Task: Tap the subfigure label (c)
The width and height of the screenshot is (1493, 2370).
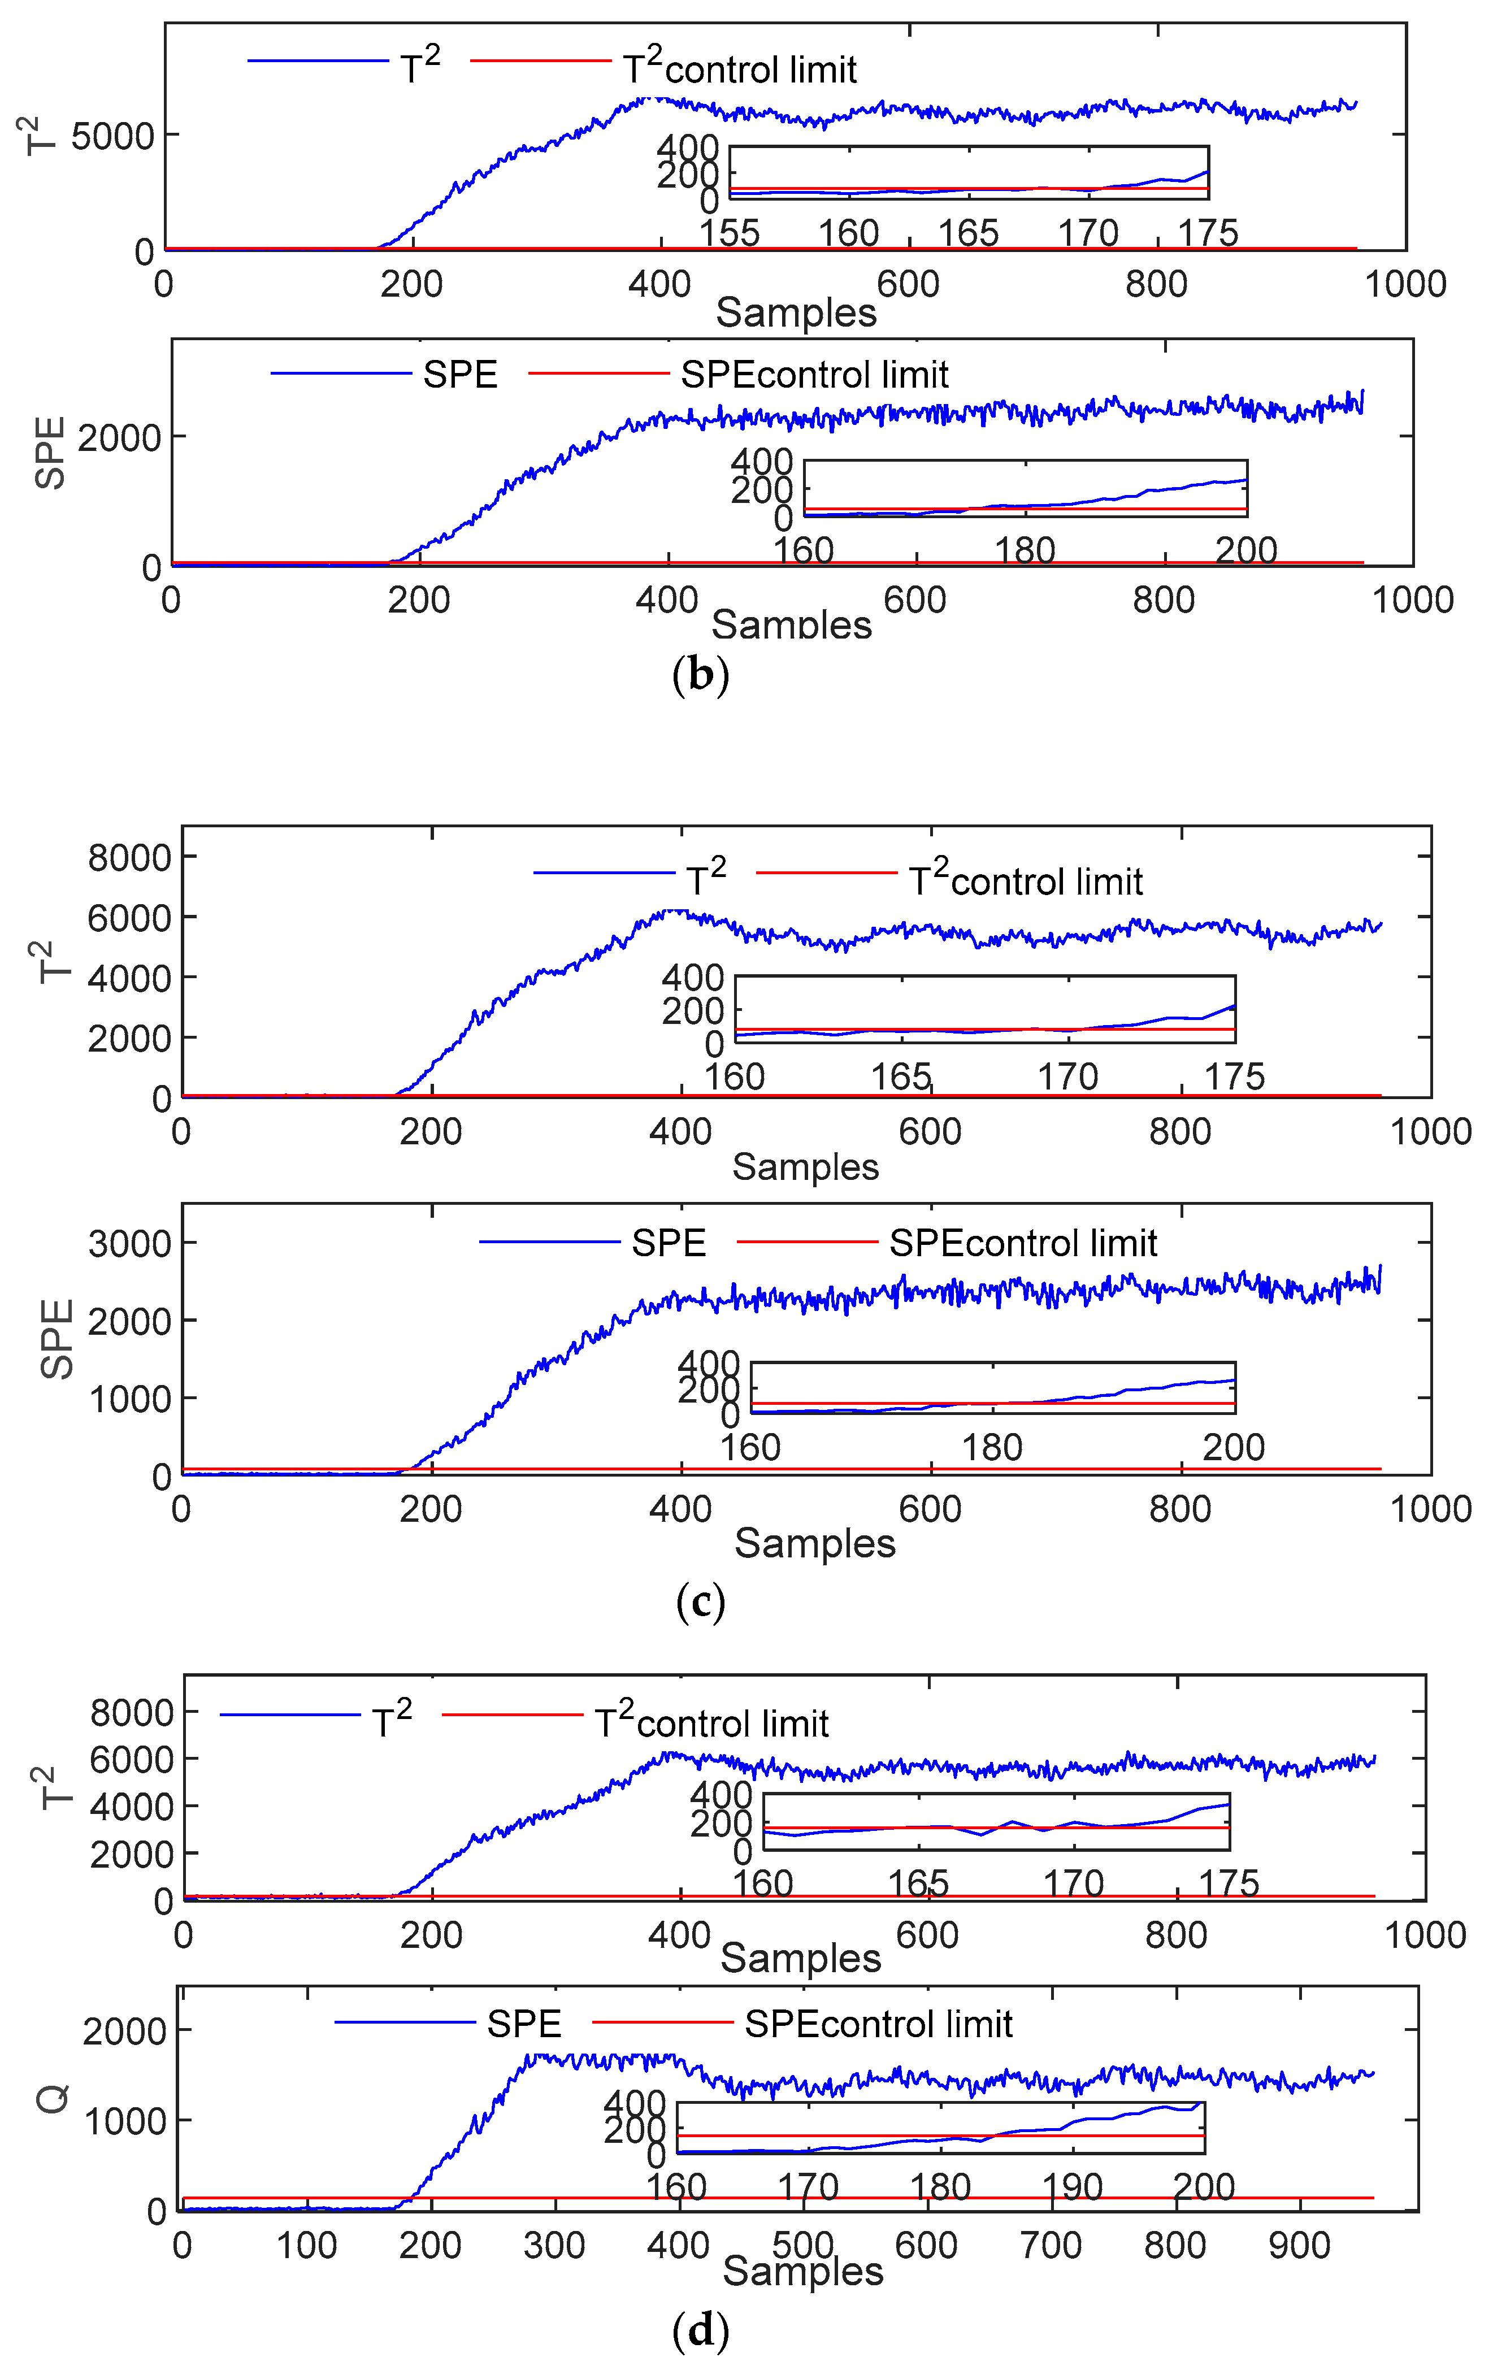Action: (x=701, y=1601)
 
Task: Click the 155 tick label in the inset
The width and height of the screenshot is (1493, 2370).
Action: (x=730, y=233)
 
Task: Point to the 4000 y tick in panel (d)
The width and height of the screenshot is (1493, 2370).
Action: (x=131, y=1807)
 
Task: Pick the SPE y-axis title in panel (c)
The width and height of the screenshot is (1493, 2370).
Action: (x=57, y=1339)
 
